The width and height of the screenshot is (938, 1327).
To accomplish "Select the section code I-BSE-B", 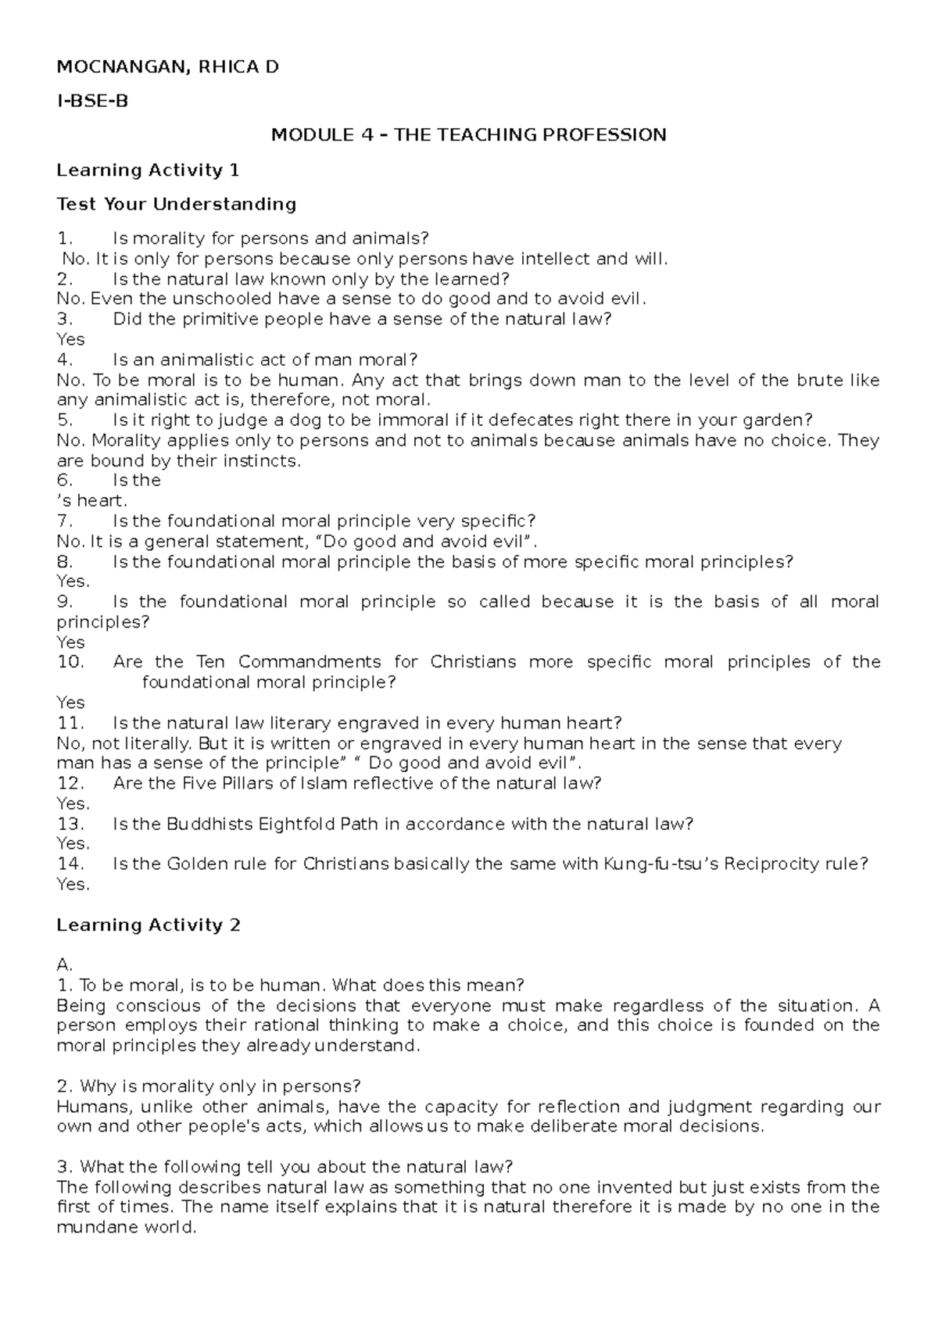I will [x=91, y=101].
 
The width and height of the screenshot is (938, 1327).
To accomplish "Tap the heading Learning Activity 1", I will [x=148, y=170].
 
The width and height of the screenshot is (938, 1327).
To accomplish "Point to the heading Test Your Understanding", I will [x=177, y=204].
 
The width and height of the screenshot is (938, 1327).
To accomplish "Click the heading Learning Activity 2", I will [x=149, y=925].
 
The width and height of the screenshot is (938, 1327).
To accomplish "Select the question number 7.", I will [x=65, y=521].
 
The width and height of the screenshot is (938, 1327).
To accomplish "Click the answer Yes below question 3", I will [x=71, y=339].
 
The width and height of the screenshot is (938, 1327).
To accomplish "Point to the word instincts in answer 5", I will [x=262, y=461].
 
